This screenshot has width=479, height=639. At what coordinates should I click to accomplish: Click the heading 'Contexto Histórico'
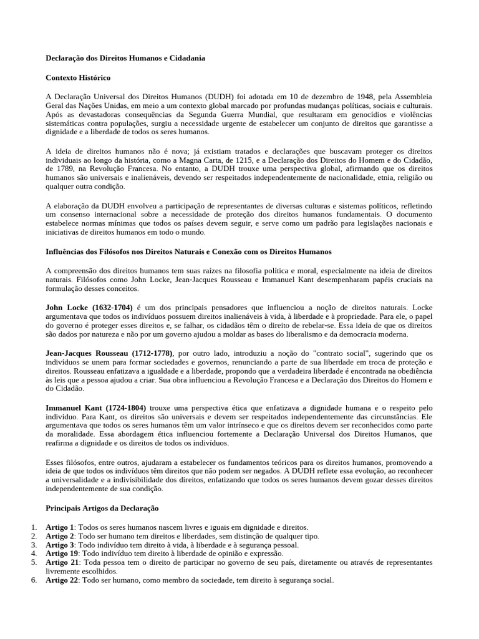tap(78, 78)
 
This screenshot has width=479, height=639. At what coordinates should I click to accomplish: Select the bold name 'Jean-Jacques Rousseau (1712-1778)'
tap(109, 353)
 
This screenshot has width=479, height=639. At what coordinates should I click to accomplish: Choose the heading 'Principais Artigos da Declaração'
tap(102, 508)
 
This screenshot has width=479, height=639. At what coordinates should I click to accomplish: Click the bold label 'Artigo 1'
tap(59, 527)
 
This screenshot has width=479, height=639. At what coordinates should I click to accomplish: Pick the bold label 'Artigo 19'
tap(61, 554)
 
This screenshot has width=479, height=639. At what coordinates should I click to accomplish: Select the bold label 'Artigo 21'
tap(61, 562)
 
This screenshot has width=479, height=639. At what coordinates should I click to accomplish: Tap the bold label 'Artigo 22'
tap(61, 580)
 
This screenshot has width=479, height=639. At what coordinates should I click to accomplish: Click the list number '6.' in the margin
tap(34, 580)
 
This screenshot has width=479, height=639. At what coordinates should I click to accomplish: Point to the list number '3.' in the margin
tap(34, 545)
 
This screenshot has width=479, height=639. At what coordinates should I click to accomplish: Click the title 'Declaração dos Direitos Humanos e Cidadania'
tap(125, 58)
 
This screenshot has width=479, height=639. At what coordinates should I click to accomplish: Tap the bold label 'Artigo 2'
tap(59, 536)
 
